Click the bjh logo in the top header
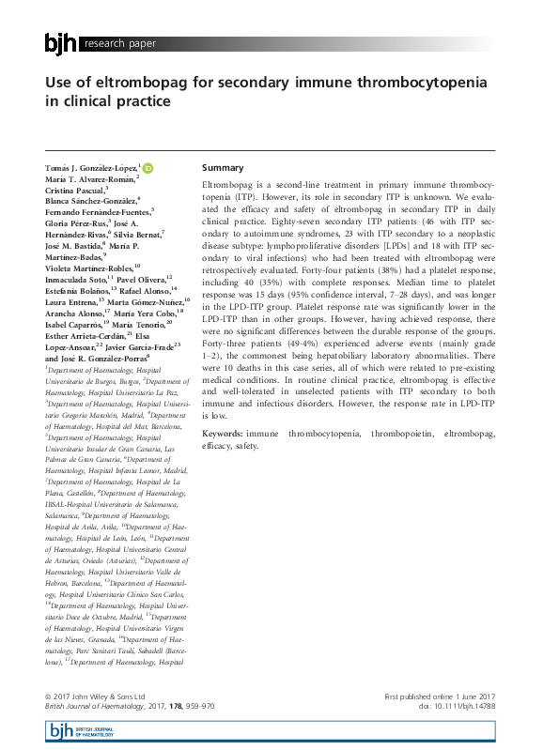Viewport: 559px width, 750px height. coord(61,43)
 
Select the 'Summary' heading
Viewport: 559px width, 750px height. coord(223,167)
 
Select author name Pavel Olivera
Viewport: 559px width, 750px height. coord(143,279)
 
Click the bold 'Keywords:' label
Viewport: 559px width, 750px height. coord(222,434)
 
